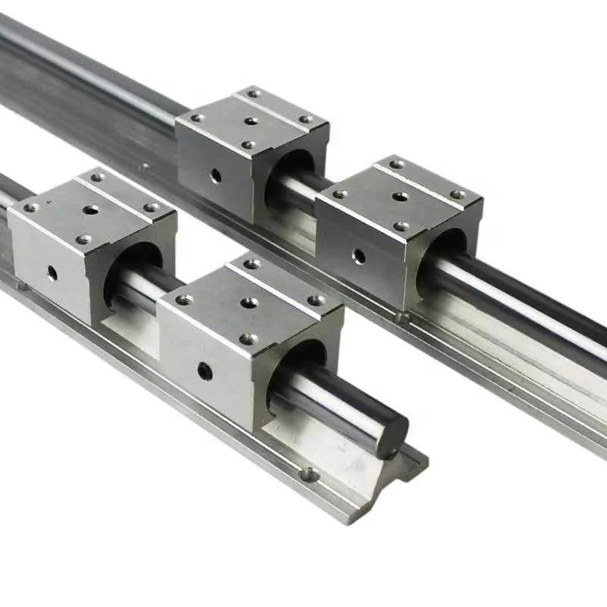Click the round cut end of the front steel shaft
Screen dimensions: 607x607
tap(391, 435)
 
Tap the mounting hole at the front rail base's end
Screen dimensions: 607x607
tap(309, 475)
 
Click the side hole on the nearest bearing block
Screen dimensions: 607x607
tap(205, 371)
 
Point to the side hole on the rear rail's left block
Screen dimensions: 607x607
tap(216, 175)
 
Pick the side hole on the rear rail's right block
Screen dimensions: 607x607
tap(359, 256)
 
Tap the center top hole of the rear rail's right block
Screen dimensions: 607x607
tap(400, 197)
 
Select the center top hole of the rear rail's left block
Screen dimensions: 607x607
tap(251, 120)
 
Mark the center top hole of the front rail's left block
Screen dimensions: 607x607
tap(91, 209)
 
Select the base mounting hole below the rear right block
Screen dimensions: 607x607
tap(401, 317)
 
